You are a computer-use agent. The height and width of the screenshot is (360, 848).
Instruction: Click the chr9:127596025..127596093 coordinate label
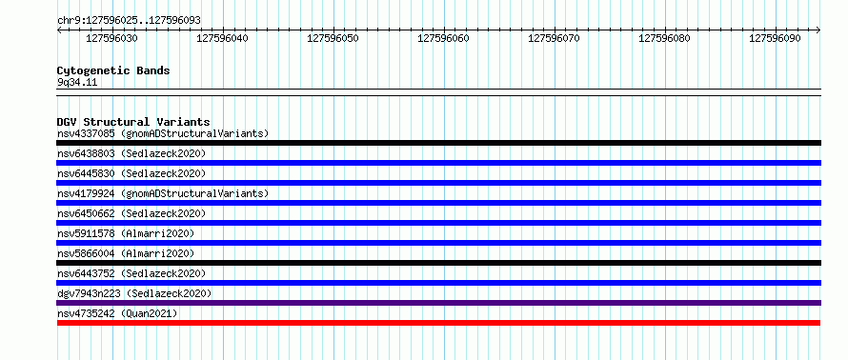coord(129,21)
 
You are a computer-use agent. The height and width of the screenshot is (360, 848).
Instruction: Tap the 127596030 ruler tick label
coord(111,38)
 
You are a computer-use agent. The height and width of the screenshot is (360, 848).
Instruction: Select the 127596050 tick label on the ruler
coord(333,38)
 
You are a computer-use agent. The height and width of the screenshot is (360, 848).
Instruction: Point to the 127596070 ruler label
coord(554,38)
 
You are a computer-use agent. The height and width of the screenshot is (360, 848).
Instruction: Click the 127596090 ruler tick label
coord(775,38)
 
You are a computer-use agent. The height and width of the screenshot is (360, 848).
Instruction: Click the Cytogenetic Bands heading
coord(113,70)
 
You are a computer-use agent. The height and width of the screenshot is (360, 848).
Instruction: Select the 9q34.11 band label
coord(77,83)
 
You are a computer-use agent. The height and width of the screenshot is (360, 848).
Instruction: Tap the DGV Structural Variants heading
coord(133,122)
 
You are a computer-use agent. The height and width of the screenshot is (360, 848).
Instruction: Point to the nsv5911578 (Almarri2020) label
coord(126,233)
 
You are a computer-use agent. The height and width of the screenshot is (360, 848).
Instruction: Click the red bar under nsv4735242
coord(438,323)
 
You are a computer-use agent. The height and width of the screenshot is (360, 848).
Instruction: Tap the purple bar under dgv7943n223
coord(438,303)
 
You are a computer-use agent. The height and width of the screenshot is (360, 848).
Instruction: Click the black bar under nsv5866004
coord(438,263)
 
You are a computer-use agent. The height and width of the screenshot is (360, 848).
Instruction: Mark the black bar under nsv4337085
coord(438,143)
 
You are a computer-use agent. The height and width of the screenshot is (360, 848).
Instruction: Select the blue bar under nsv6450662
coord(438,223)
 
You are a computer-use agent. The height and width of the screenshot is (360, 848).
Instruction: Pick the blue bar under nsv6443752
coord(438,283)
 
